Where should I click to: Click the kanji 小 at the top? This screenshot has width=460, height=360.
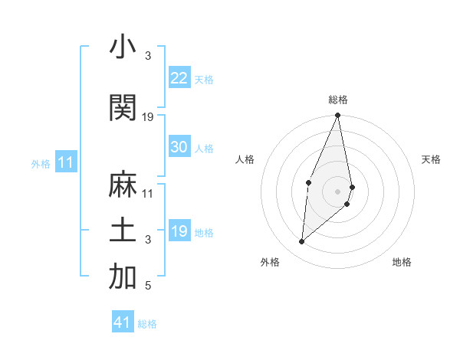pos(123,47)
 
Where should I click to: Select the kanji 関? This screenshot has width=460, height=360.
pos(123,108)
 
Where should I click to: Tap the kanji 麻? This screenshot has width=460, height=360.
pos(123,185)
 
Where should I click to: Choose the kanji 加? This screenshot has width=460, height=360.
pos(123,278)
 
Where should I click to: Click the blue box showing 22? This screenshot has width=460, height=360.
pos(179,78)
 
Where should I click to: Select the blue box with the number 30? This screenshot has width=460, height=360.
pos(179,148)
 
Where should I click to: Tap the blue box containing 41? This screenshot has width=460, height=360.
pos(123,322)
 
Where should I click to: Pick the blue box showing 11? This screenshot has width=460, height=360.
pos(65,162)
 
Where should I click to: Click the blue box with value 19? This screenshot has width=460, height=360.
pos(179,231)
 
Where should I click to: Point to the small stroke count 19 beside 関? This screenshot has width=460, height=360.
pos(148,117)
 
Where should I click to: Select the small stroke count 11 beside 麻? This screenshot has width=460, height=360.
pos(148,194)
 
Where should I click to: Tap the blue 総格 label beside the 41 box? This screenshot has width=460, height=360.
pos(147,324)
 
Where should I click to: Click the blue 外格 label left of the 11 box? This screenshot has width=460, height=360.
pos(41,163)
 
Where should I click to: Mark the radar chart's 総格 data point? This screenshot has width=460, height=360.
pos(337,116)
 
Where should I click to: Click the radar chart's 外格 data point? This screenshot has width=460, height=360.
pos(301,242)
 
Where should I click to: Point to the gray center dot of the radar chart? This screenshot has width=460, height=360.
pos(337,191)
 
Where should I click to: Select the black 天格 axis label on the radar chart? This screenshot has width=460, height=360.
pos(431,159)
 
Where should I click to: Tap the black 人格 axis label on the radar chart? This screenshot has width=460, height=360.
pos(245,159)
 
